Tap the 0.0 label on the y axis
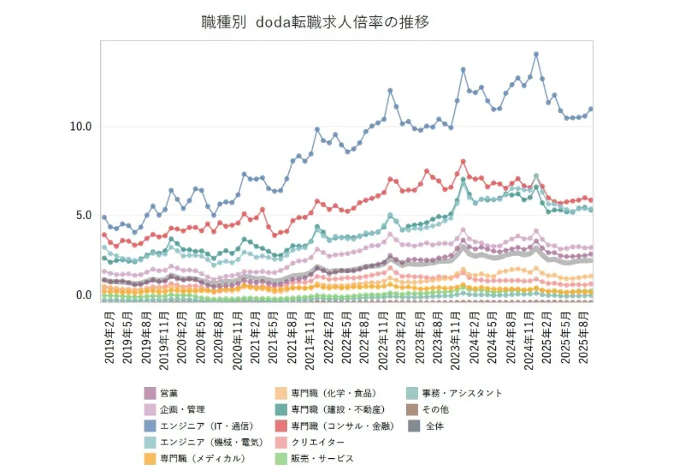point(83,295)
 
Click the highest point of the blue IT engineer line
point(536,54)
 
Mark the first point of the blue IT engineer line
point(104,217)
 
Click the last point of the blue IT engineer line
point(591,109)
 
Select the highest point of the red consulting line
point(463,161)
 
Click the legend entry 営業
point(168,393)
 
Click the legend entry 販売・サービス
point(322,458)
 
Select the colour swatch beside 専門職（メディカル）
point(151,458)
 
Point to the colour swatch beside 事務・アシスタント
point(413,393)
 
